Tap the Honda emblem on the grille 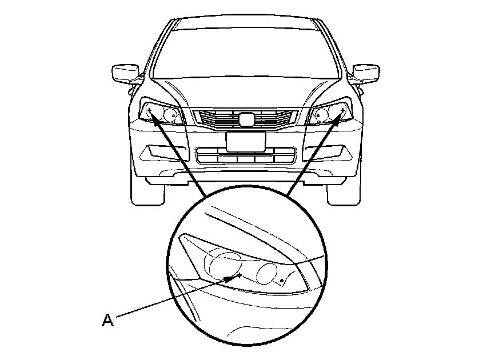(x=245, y=119)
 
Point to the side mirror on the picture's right (x=366, y=73)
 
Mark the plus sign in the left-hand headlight (x=149, y=108)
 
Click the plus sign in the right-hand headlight (x=342, y=108)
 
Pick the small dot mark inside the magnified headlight (x=283, y=280)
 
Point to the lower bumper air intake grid (x=245, y=155)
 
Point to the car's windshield (x=245, y=51)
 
